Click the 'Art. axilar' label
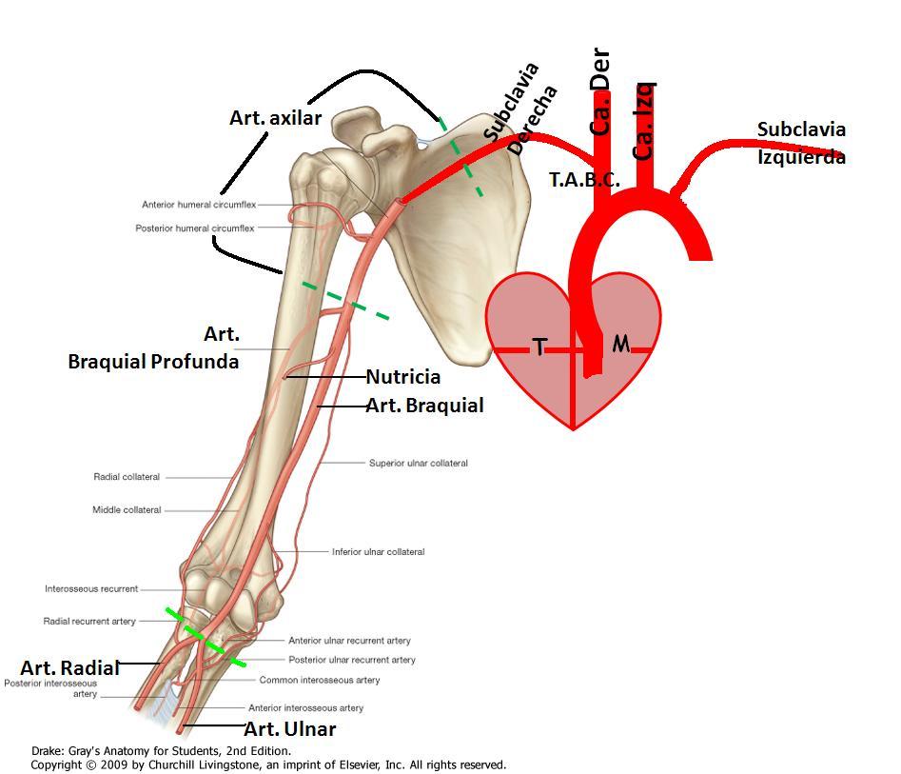tap(275, 118)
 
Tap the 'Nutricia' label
tap(403, 377)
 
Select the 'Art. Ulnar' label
tap(290, 728)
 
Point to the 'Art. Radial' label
tap(70, 667)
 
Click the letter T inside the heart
tap(539, 347)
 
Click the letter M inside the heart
tap(621, 344)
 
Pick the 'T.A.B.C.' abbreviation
tap(584, 180)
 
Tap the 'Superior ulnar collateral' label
tap(419, 463)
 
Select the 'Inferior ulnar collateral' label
tap(378, 551)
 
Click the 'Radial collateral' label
tap(127, 477)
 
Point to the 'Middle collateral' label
tap(127, 509)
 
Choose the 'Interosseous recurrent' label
tap(91, 589)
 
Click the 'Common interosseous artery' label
tap(320, 680)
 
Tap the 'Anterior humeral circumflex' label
tap(199, 204)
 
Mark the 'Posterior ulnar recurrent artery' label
tap(352, 660)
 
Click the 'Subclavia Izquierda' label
tap(801, 143)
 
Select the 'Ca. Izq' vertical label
tap(643, 121)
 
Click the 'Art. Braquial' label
tap(424, 406)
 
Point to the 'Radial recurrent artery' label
tap(89, 621)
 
